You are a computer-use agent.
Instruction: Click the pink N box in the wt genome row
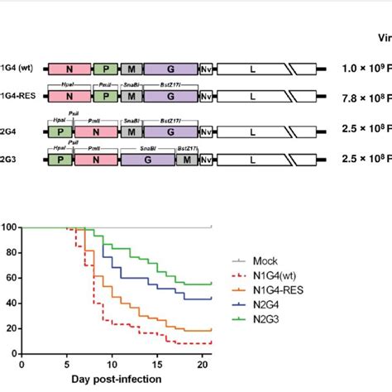point(70,72)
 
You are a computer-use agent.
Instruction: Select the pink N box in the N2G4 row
point(96,130)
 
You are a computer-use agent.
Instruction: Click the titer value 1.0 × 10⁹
point(364,71)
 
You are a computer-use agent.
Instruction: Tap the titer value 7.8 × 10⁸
point(364,100)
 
